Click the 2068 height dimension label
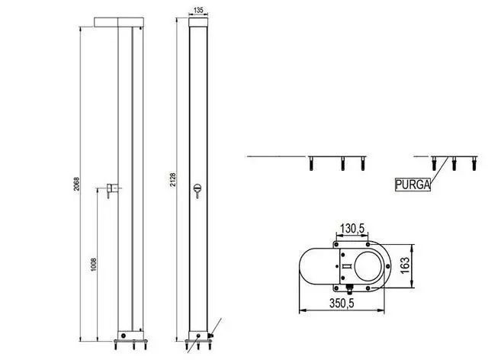click(x=76, y=184)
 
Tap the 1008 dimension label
click(x=94, y=265)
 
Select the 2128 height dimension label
click(x=173, y=180)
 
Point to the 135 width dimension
click(x=198, y=10)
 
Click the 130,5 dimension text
click(x=352, y=228)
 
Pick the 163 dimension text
click(x=405, y=265)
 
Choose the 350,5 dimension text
click(x=342, y=303)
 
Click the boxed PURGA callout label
click(x=413, y=185)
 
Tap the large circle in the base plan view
click(x=368, y=266)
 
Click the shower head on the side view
click(x=119, y=22)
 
